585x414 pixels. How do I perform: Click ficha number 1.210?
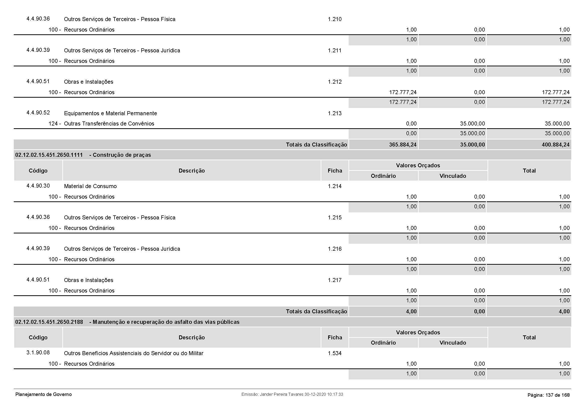click(335, 19)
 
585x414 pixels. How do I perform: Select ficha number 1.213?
click(335, 113)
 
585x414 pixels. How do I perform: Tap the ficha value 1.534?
click(335, 353)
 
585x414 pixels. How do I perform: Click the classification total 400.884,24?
click(555, 145)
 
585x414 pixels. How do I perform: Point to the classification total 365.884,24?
click(403, 145)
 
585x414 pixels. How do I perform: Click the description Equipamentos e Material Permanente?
click(110, 113)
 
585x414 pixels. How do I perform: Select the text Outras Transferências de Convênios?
click(109, 124)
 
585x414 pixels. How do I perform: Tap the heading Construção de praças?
click(122, 155)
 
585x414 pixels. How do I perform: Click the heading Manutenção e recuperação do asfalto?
click(166, 322)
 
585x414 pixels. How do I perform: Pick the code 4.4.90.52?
click(38, 113)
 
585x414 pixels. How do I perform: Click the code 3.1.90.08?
click(38, 353)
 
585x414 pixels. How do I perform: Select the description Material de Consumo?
click(90, 186)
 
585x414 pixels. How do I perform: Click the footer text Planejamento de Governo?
click(44, 394)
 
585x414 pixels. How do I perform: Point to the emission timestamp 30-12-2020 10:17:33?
click(324, 394)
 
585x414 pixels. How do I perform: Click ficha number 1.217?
click(335, 280)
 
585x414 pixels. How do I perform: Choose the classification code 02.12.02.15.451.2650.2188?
click(49, 322)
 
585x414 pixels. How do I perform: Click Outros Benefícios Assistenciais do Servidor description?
click(134, 353)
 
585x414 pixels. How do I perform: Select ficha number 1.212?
click(335, 82)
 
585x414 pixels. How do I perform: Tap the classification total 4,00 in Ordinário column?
click(411, 312)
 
